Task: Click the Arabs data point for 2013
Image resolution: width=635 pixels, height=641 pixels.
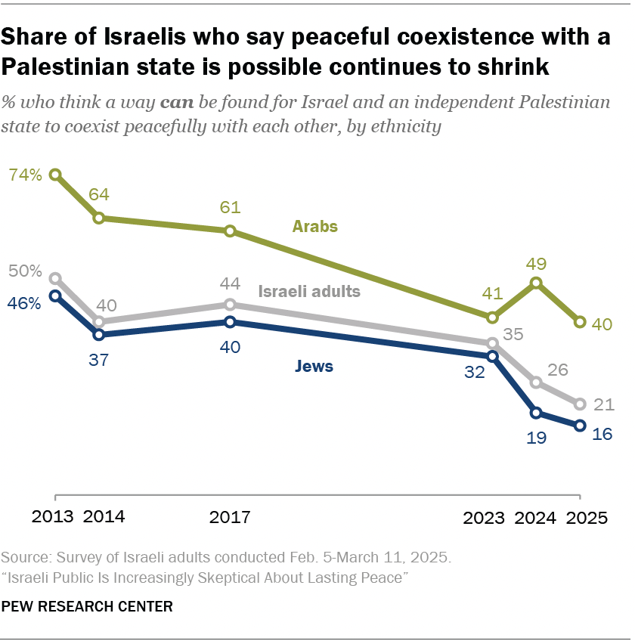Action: point(55,175)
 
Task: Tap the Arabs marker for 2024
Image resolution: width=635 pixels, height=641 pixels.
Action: point(536,283)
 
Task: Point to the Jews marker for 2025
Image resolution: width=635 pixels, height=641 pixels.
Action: point(580,426)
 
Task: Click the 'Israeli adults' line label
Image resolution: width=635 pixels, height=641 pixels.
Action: point(309,291)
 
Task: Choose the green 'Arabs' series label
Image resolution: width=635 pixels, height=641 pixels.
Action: point(315,226)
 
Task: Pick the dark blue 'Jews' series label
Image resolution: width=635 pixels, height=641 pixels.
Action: point(313,367)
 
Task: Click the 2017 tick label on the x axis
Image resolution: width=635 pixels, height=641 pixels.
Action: point(230,518)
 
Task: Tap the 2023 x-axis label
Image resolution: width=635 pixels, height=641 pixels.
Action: point(484,518)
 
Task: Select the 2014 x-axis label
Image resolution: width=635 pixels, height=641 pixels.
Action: point(104,518)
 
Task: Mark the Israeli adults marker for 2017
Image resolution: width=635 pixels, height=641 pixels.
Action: point(230,305)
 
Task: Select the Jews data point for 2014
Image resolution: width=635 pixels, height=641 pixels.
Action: point(99,334)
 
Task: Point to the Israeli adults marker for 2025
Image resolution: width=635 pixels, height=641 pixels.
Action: point(580,404)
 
